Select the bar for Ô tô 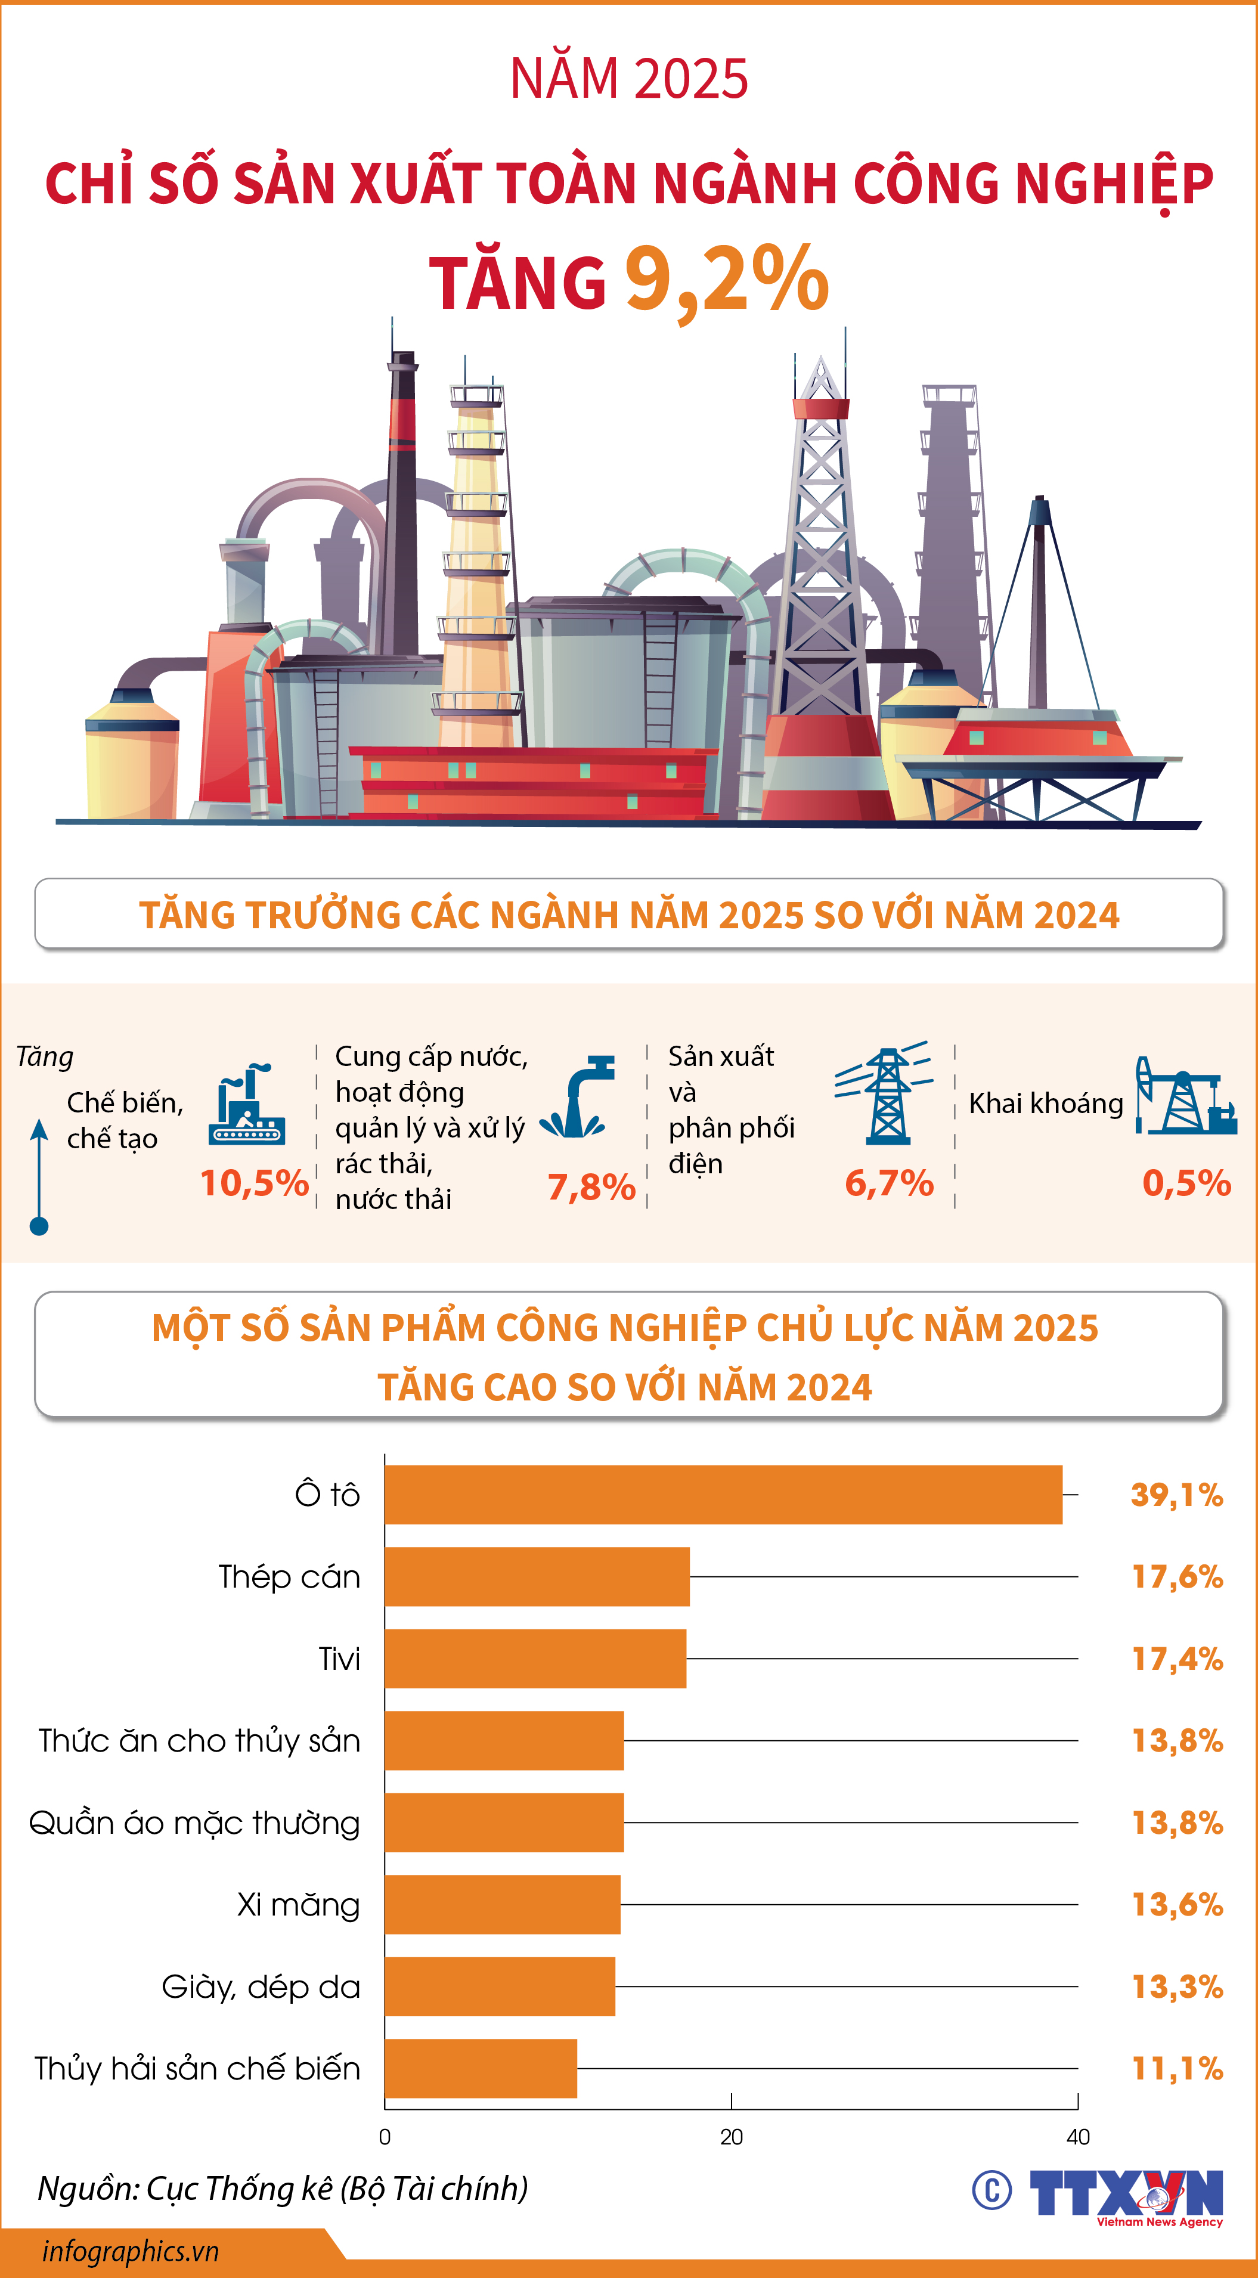point(723,1495)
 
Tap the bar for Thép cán point(537,1577)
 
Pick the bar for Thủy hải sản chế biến point(481,2068)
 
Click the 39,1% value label point(1176,1495)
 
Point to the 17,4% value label point(1176,1659)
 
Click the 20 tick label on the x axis point(731,2137)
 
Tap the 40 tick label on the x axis point(1077,2137)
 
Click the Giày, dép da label point(261,1987)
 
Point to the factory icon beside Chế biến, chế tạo point(247,1105)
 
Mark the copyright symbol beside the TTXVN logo point(991,2190)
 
